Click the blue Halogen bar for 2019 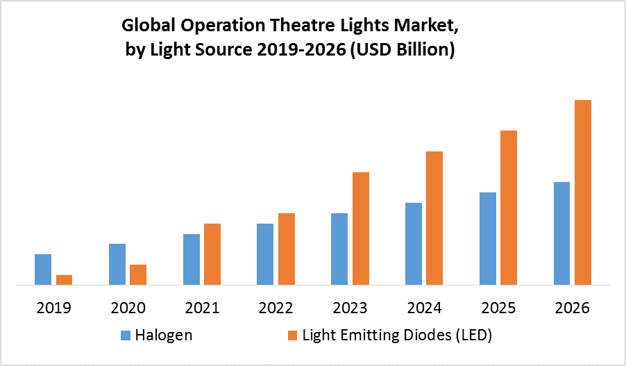click(43, 269)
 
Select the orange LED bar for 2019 click(64, 280)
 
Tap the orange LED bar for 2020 click(138, 274)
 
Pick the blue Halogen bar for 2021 click(192, 259)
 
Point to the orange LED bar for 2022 click(287, 249)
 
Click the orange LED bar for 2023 click(361, 228)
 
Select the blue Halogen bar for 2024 click(414, 244)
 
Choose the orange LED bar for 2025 click(509, 208)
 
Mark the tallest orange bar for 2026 click(583, 192)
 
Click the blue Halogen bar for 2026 click(561, 233)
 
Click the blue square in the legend click(126, 336)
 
